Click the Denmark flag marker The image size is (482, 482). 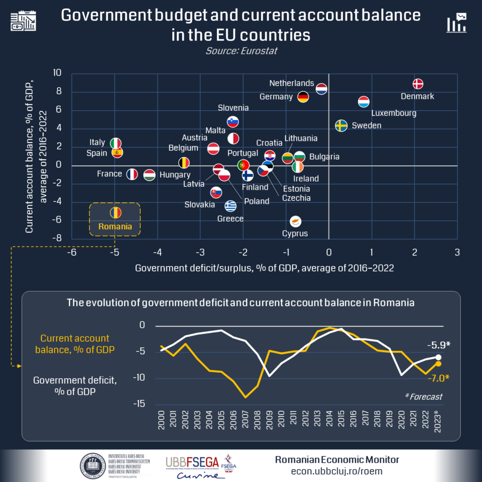(x=418, y=84)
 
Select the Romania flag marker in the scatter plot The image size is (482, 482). (x=115, y=213)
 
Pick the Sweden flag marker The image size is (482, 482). (x=341, y=126)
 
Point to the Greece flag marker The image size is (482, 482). (x=230, y=206)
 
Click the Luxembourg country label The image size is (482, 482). (x=394, y=113)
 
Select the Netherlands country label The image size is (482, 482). (x=291, y=83)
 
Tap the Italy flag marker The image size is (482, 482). (x=116, y=143)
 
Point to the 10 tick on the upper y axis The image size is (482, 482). (x=57, y=73)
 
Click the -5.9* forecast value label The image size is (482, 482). (x=438, y=345)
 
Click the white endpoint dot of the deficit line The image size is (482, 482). (x=438, y=357)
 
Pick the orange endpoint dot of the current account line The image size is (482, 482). (x=438, y=364)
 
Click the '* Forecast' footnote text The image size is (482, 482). (x=424, y=397)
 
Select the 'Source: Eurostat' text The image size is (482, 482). (x=241, y=51)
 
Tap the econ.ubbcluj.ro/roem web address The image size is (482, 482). (x=337, y=471)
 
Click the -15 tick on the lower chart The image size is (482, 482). (x=141, y=404)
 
